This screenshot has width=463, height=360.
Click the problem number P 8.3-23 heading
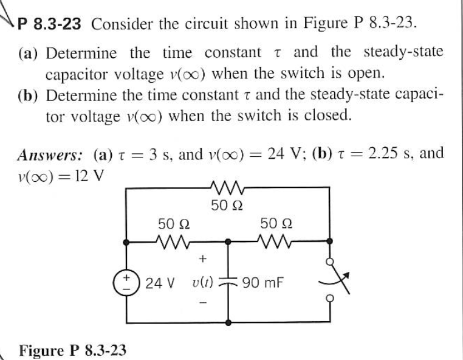tap(52, 25)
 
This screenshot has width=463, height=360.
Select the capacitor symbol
tap(229, 284)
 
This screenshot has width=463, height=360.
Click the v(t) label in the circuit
tap(202, 283)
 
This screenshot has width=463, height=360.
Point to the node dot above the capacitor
tap(229, 241)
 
